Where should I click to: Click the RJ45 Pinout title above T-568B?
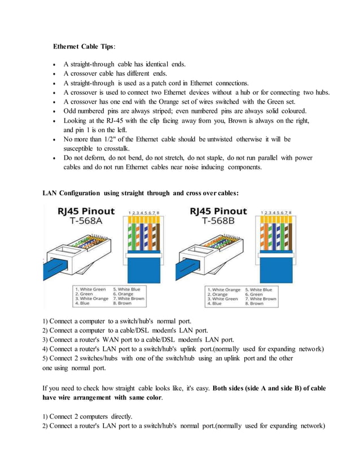[x=218, y=212]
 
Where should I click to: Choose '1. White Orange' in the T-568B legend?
[x=223, y=289]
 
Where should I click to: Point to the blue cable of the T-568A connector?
[x=56, y=271]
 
